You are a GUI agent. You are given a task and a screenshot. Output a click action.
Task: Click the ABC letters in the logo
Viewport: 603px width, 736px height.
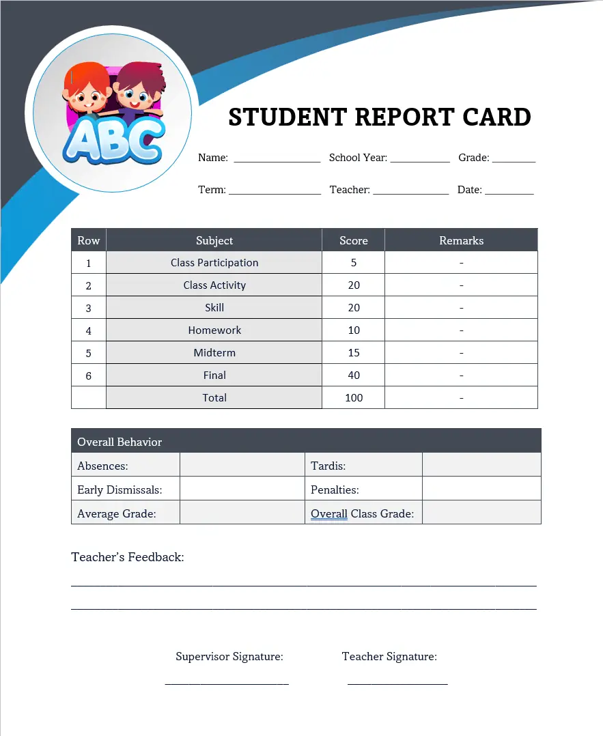113,141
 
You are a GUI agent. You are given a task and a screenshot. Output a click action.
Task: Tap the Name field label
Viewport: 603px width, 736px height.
212,158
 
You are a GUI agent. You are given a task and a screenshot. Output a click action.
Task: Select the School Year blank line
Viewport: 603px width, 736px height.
419,160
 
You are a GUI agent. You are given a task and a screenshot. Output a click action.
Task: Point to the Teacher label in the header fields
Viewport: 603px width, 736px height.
349,190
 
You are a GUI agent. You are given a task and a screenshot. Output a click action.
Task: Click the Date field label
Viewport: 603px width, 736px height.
469,190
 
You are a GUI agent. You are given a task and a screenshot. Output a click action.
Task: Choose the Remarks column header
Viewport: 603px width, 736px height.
461,240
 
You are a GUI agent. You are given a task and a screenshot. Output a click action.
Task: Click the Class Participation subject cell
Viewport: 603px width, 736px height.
214,263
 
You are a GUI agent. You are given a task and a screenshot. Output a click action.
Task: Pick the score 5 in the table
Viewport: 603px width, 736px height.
353,263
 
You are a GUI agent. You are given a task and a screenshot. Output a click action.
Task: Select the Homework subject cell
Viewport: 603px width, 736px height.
214,330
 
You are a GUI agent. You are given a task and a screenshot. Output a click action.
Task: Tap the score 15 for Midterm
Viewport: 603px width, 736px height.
353,353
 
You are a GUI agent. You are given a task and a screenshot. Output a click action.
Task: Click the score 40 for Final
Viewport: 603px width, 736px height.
353,376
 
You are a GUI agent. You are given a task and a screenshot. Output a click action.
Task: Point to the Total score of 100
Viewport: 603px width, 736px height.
353,398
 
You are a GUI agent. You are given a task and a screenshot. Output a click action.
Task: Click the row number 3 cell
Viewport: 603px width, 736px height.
88,308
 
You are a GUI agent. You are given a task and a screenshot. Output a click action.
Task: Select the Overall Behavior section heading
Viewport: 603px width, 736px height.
120,442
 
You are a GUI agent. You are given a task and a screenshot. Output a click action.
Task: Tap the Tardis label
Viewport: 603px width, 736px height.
328,466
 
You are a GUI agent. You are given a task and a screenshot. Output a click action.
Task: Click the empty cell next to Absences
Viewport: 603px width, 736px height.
241,466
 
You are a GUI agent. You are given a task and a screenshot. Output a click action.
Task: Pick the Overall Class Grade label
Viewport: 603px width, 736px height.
362,513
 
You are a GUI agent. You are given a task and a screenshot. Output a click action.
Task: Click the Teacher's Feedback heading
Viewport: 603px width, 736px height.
128,557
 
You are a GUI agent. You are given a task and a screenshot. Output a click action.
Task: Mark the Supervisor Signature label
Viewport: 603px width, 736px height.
229,657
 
